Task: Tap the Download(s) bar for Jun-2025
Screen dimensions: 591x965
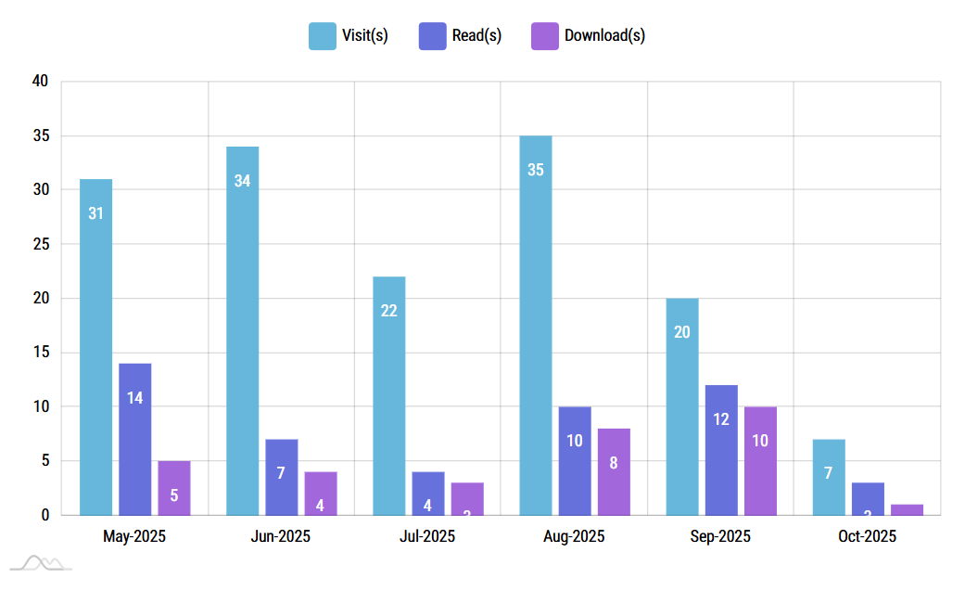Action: (321, 493)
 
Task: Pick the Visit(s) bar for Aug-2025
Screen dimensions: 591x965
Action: (536, 325)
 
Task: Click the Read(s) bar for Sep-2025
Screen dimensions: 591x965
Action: (721, 450)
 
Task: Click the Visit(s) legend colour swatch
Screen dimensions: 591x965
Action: (323, 36)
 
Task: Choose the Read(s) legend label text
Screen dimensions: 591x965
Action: (476, 36)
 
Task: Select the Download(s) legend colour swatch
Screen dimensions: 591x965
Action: (544, 36)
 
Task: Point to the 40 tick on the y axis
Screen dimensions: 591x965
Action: (40, 82)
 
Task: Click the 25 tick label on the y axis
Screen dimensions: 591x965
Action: (40, 244)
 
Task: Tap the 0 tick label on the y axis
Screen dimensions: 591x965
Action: (44, 515)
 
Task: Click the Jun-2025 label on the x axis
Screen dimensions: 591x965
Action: (281, 536)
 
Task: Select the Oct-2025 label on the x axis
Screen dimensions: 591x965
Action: (867, 536)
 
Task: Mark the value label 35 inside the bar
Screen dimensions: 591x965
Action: (536, 170)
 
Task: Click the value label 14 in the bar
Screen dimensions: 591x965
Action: (134, 398)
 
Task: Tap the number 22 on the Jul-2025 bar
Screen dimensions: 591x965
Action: (389, 311)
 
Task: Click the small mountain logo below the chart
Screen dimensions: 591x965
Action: (41, 562)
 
